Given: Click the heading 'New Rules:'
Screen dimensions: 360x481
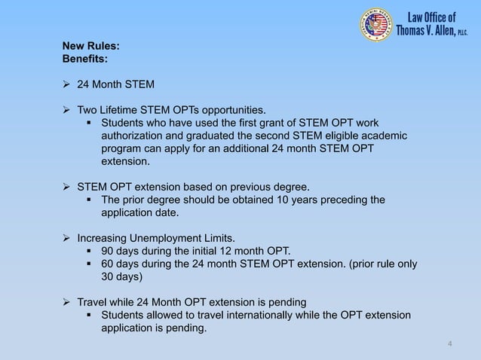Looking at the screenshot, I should [x=90, y=44].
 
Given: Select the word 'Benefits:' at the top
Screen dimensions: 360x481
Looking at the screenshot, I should [x=84, y=57].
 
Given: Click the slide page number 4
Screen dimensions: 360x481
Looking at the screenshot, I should [x=450, y=345].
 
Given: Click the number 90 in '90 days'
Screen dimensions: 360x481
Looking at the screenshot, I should [x=109, y=251].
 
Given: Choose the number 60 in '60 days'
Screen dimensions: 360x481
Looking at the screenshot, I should [x=109, y=264].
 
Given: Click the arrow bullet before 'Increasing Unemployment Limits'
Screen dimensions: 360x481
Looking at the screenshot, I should [x=67, y=238].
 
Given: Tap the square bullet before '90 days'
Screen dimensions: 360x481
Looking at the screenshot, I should [x=92, y=251].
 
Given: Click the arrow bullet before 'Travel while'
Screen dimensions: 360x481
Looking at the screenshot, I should [x=67, y=302].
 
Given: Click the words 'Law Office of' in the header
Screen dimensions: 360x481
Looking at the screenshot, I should [x=432, y=17].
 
